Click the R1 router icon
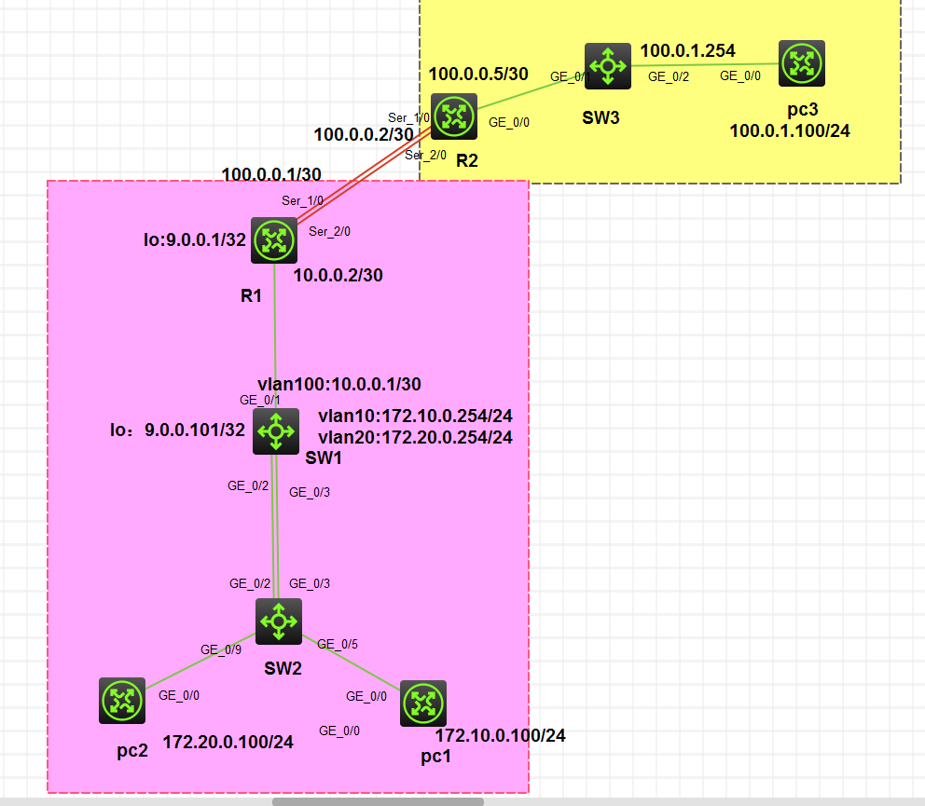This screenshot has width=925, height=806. tap(273, 241)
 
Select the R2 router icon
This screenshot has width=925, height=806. tap(454, 116)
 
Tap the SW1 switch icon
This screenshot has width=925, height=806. tap(276, 431)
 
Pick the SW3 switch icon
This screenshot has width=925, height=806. tap(608, 65)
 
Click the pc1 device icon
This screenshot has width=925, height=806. tap(423, 704)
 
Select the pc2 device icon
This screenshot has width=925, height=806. tap(122, 701)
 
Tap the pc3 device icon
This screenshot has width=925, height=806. tap(802, 63)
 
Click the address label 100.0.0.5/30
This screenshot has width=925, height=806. tap(478, 73)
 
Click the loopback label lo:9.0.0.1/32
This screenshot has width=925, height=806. tap(195, 239)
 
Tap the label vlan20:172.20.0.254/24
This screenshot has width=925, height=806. tap(415, 436)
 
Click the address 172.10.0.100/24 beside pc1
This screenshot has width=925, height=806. tap(500, 736)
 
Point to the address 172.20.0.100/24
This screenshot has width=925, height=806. tap(228, 743)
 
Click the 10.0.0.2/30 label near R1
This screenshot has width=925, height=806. tap(338, 275)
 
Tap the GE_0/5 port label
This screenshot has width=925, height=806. tap(338, 643)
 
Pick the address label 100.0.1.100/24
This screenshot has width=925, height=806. tap(789, 130)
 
